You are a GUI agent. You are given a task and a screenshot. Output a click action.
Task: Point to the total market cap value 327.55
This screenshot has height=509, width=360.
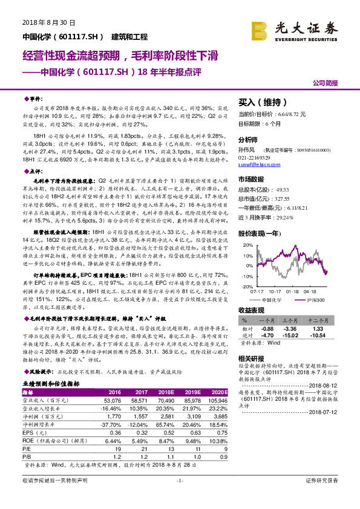click(284, 197)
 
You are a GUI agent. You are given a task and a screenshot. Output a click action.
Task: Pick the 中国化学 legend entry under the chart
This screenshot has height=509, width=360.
click(271, 299)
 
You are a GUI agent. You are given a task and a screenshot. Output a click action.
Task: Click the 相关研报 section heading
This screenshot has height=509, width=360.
click(251, 358)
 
